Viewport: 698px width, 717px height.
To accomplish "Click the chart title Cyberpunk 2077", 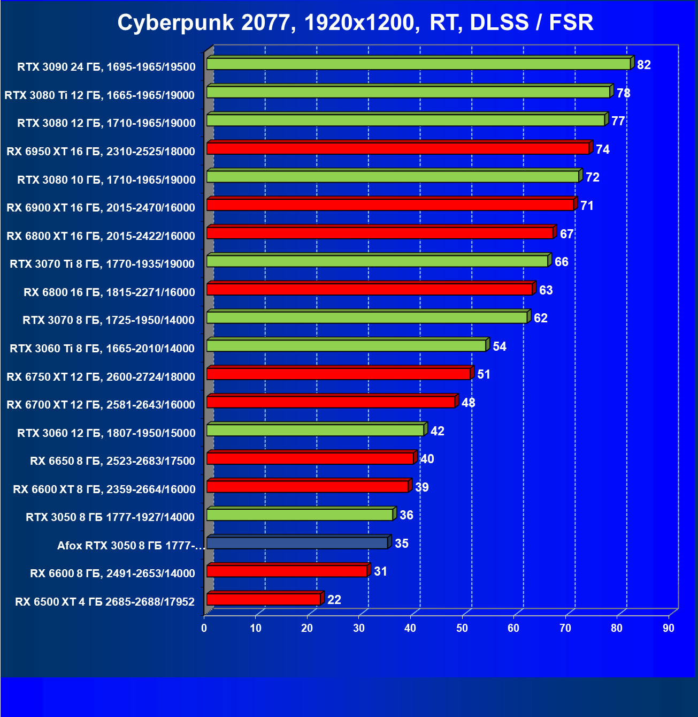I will [355, 22].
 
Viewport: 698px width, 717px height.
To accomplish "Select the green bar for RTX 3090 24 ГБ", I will [418, 64].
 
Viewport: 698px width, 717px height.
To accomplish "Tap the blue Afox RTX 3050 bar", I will [297, 543].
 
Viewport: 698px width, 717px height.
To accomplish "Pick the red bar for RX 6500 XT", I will [264, 599].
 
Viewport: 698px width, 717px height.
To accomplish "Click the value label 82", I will [644, 65].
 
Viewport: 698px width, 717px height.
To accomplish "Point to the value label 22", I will [334, 600].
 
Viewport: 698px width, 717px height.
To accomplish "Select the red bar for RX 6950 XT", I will [398, 148].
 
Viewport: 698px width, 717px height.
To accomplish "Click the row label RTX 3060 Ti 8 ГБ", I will [102, 349].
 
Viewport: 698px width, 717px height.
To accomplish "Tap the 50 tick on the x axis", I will [462, 628].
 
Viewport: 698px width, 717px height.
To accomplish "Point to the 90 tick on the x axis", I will [669, 628].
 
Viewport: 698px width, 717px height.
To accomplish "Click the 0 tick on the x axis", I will [204, 628].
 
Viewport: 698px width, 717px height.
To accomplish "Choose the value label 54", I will [500, 346].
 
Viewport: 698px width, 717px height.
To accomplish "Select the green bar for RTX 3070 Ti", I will [377, 261].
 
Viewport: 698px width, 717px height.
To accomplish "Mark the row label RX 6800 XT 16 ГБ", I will [101, 236].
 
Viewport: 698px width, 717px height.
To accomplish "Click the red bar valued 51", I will [339, 374].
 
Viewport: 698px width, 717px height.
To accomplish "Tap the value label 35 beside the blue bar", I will [402, 544].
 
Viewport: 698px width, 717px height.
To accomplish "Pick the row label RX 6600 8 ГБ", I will [112, 573].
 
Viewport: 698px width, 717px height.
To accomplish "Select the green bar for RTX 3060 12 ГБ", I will [315, 430].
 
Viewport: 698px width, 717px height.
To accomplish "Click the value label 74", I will [603, 149].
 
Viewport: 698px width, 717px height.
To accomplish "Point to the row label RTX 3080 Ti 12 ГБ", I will [99, 95].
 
